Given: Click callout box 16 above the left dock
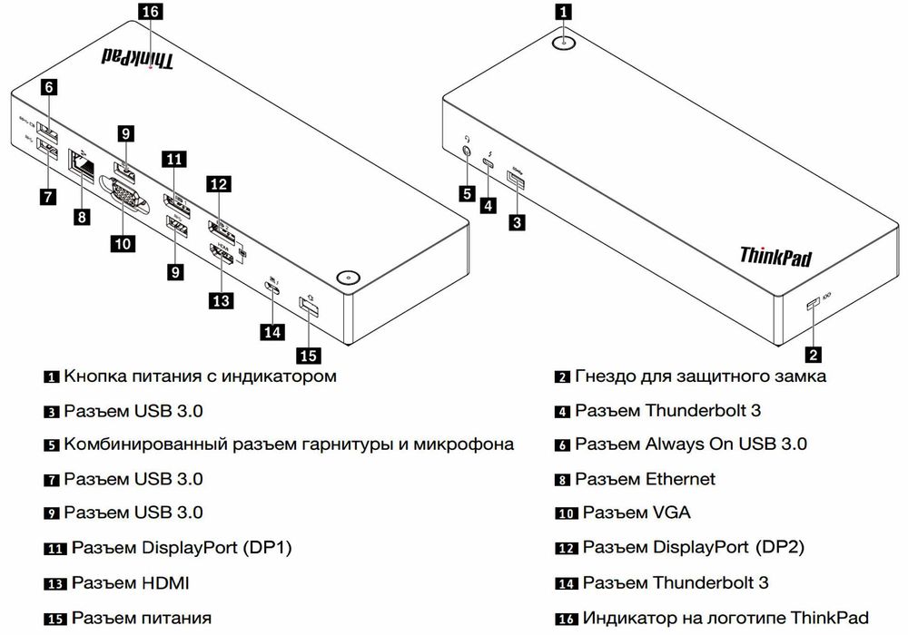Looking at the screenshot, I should click(x=150, y=12).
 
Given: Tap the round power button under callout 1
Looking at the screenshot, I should click(x=564, y=42).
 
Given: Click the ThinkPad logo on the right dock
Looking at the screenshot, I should click(x=775, y=256).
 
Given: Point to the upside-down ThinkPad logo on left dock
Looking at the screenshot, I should click(x=135, y=58).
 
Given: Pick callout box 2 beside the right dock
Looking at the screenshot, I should click(x=814, y=354).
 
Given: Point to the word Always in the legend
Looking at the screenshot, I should click(x=675, y=444).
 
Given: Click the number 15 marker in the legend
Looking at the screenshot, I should click(x=55, y=619).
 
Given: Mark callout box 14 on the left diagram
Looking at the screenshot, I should click(x=271, y=331).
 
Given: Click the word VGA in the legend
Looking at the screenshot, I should click(x=672, y=513).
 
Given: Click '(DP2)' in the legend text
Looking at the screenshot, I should click(x=778, y=548).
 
